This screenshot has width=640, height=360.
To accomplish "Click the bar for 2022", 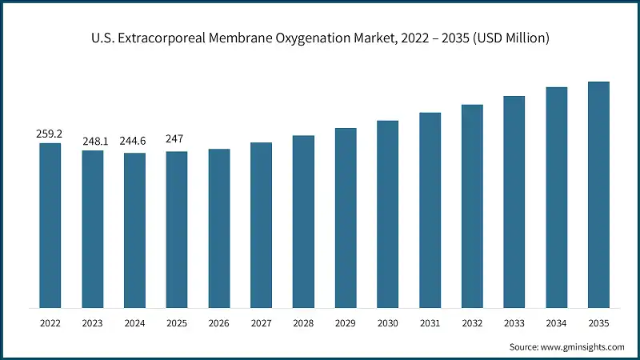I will (x=50, y=226).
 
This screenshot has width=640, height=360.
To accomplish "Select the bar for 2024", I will (x=134, y=230).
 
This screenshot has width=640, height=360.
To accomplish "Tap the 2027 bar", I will (x=261, y=225).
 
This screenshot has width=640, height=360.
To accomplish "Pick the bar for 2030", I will (x=387, y=214).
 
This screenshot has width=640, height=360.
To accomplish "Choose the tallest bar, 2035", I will (x=598, y=194).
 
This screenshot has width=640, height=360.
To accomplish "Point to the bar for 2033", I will (x=514, y=202).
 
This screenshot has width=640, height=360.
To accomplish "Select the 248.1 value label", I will (x=92, y=142).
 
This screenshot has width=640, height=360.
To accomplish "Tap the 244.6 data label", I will (x=134, y=142).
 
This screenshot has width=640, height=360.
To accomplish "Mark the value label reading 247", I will (x=176, y=139).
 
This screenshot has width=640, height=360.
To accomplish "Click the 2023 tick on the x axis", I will (x=92, y=324).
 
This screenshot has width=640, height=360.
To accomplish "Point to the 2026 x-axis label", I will (x=218, y=324).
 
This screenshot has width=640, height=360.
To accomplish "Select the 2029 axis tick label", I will (x=346, y=324).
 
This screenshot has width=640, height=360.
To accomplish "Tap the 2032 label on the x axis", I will (x=472, y=324).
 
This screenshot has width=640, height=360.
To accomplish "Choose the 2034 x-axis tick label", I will (x=556, y=324).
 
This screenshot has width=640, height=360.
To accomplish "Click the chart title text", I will (x=320, y=38).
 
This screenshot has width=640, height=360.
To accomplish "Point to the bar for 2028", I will (x=303, y=222).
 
